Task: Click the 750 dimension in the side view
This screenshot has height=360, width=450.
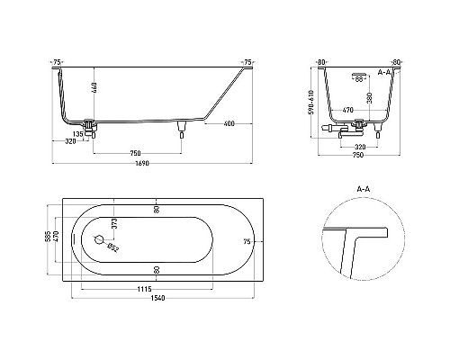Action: point(134,150)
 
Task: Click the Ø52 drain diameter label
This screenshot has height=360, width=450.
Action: point(112,247)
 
